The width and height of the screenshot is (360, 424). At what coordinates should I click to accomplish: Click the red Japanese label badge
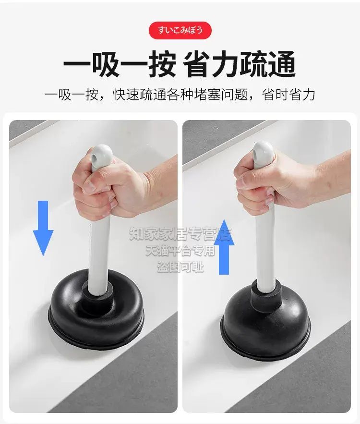pyautogui.click(x=180, y=30)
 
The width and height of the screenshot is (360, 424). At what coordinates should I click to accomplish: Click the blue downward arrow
pyautogui.click(x=43, y=228)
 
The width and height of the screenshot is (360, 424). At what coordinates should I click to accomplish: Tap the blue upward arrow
pyautogui.click(x=224, y=247)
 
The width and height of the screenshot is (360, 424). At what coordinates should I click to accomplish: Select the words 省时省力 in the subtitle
pyautogui.click(x=288, y=95)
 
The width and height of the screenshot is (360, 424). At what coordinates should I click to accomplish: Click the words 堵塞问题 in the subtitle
pyautogui.click(x=221, y=95)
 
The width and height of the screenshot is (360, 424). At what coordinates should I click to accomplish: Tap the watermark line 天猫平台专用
pyautogui.click(x=180, y=250)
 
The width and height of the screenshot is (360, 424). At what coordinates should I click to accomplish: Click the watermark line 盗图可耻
pyautogui.click(x=180, y=267)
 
